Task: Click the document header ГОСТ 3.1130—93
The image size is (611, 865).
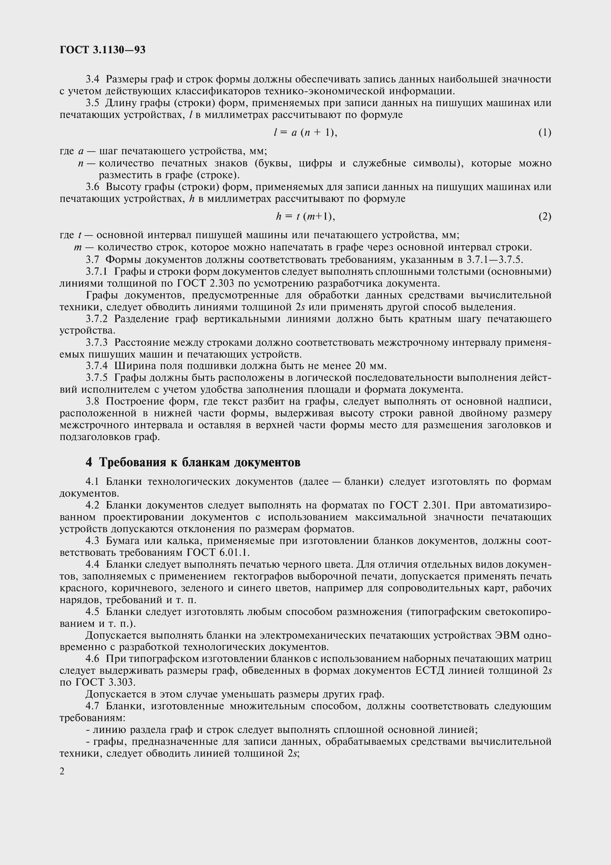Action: (102, 50)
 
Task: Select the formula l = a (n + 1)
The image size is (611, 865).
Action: (305, 133)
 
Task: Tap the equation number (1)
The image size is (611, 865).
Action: (544, 133)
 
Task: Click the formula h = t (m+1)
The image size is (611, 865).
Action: (305, 216)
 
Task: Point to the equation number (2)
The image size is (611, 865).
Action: (544, 216)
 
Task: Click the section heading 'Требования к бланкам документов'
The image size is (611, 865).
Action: (200, 462)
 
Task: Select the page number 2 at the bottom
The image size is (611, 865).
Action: (62, 771)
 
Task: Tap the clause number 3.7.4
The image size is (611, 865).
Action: (97, 366)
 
